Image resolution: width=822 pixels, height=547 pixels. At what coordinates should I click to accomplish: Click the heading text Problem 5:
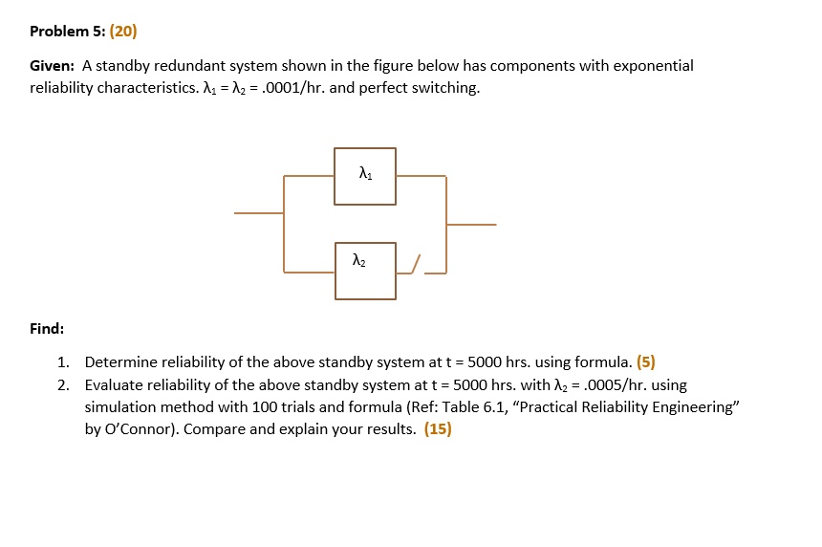tap(67, 32)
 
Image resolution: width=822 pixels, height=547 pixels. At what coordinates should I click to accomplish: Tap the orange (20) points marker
tap(123, 32)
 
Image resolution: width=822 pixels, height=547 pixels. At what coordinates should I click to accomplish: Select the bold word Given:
tap(52, 66)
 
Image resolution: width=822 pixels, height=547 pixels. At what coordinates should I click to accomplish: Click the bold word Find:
tap(47, 329)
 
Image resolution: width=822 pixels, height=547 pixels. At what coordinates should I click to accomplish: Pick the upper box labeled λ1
tap(365, 148)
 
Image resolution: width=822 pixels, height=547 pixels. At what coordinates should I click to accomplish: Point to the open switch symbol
tap(415, 264)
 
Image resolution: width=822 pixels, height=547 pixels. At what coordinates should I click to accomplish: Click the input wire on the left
tap(259, 213)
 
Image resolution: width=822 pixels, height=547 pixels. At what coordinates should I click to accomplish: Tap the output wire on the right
tap(471, 225)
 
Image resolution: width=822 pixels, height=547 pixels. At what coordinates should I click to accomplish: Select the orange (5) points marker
tap(646, 362)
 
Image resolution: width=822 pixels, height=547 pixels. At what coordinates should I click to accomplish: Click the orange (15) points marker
tap(439, 429)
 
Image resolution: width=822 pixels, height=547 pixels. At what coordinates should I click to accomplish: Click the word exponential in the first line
tap(653, 66)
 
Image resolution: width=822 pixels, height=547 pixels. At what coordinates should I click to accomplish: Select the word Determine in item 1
tap(120, 362)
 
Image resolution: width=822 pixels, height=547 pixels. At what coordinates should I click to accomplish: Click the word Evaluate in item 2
tap(114, 385)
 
